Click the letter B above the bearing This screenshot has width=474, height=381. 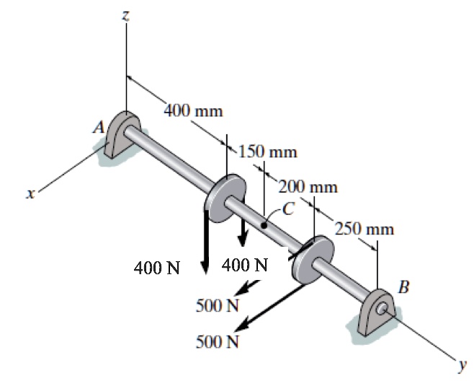tap(404, 288)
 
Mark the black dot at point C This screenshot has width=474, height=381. tap(266, 226)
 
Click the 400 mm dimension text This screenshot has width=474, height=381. tap(193, 111)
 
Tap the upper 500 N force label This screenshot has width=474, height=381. tap(217, 304)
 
